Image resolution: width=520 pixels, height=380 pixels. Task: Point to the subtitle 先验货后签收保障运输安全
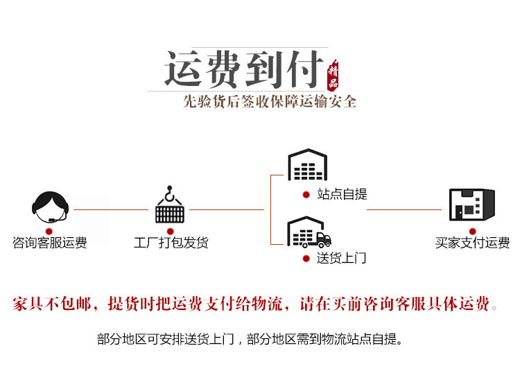270,101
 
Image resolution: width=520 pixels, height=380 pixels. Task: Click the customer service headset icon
51,205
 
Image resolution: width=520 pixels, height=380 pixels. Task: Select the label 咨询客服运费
50,243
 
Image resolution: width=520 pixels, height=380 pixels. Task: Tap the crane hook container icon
169,205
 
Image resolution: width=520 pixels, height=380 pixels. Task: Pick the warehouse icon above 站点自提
307,165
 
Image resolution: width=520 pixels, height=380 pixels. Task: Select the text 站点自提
342,195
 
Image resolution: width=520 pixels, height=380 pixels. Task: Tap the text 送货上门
341,259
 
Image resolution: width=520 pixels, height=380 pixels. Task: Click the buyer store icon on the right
471,205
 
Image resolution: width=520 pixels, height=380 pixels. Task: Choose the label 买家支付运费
472,243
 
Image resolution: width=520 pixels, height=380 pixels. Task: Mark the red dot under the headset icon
50,230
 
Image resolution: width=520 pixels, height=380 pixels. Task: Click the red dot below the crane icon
171,230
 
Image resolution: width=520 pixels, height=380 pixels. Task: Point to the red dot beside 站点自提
306,195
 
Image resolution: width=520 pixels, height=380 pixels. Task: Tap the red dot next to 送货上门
306,259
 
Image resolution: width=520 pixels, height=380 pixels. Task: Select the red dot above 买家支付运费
472,230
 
